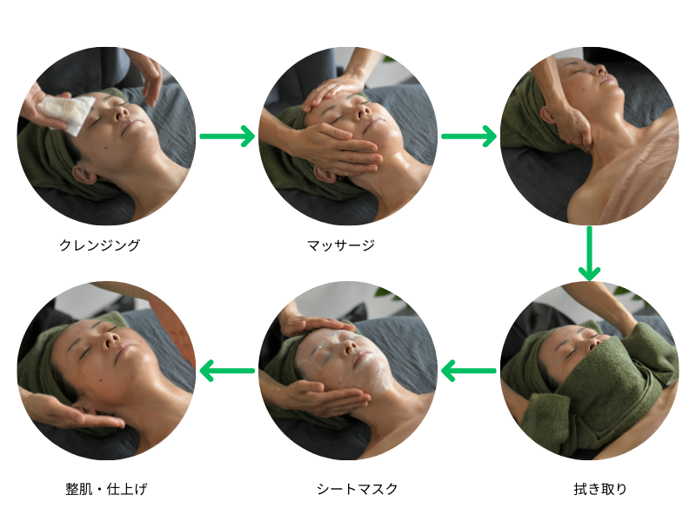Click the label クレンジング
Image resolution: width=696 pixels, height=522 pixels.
click(99, 244)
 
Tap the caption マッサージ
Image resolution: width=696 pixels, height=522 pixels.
click(341, 244)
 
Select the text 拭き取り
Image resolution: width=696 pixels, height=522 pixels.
click(600, 489)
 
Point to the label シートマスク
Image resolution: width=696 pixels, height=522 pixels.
click(357, 489)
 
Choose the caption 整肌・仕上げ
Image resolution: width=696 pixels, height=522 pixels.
click(106, 489)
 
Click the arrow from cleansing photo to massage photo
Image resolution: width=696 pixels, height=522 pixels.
click(227, 136)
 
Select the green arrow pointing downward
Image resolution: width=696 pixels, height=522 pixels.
click(589, 253)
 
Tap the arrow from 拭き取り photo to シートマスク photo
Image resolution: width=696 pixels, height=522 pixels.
click(469, 371)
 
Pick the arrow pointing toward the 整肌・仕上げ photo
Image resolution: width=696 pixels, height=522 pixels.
click(227, 371)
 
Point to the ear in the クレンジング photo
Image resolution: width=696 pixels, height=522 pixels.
click(84, 173)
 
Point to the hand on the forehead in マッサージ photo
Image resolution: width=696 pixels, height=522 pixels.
click(333, 92)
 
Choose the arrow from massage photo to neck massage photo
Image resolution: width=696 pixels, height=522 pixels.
click(469, 136)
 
